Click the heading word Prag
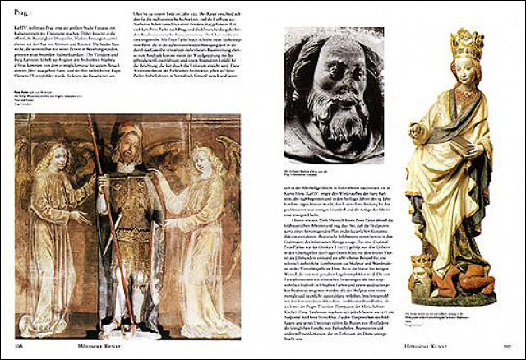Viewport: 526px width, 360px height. pyautogui.click(x=24, y=12)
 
